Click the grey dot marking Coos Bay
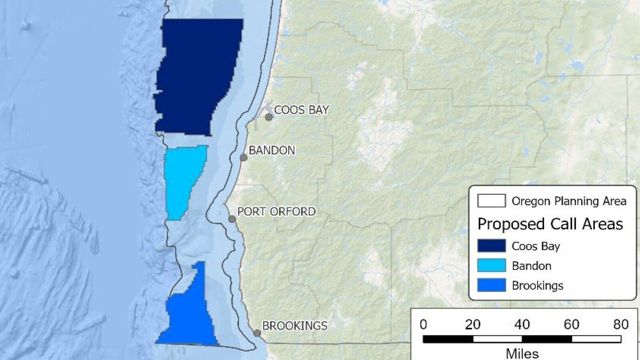point(269,117)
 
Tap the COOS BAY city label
point(301,110)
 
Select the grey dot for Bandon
point(244,158)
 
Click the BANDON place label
point(272,150)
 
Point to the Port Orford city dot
point(232,219)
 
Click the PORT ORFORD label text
point(276,212)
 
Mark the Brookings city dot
point(257,333)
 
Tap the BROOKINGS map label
point(295,326)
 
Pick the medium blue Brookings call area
point(190,316)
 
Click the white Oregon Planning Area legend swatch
point(491,201)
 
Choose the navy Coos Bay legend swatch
point(491,246)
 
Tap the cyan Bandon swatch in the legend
point(491,266)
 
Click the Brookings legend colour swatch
point(491,285)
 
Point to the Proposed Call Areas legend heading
point(550,224)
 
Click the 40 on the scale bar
point(522,324)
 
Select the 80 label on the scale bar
point(621,324)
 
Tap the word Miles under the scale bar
point(522,353)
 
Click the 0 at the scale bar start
point(423,324)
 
